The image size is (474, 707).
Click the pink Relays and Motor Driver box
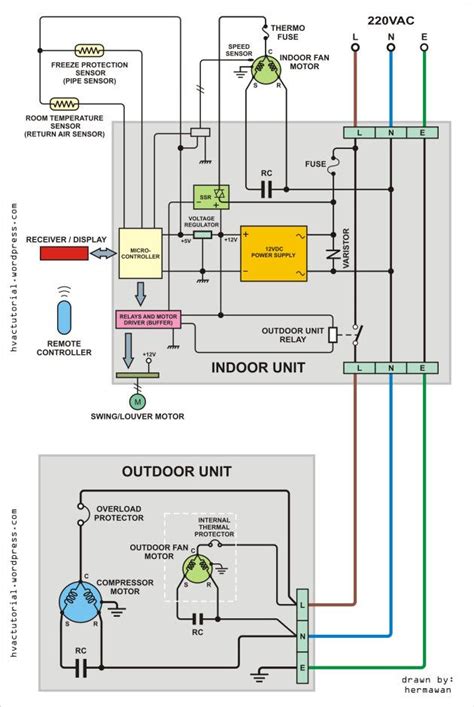coord(148,320)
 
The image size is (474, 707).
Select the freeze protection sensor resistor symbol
coord(91,48)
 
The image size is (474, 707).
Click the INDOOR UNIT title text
coord(258,368)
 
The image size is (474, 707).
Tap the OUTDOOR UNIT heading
coord(177,470)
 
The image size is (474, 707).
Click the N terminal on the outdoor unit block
coord(303,634)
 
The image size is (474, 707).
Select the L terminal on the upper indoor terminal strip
coord(357,132)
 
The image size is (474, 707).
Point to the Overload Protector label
coord(119,514)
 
